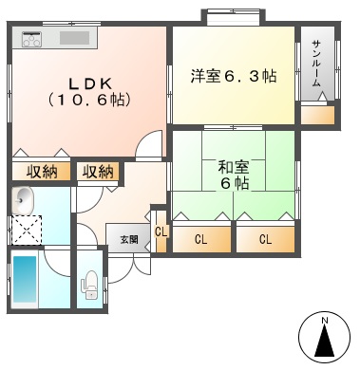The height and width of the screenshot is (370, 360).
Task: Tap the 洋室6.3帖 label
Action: (x=234, y=76)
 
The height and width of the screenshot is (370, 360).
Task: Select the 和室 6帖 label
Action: (x=234, y=175)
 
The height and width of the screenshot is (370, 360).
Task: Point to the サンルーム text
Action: (x=316, y=64)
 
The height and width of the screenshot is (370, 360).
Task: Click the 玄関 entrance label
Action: (x=129, y=239)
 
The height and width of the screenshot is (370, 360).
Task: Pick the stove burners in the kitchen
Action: (x=31, y=39)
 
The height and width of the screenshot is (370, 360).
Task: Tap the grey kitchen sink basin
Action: (x=75, y=38)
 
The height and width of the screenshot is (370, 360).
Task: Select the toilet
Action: (x=90, y=285)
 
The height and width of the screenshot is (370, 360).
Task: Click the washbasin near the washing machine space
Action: (x=22, y=200)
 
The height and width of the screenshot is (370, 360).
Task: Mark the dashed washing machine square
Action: (x=27, y=230)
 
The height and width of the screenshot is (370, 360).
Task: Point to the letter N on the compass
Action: (x=324, y=321)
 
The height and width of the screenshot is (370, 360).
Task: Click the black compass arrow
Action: (x=325, y=341)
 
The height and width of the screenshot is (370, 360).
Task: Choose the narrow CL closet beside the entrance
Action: (x=161, y=231)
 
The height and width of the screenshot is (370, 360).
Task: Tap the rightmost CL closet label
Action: (x=265, y=240)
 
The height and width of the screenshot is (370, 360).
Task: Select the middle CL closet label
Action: (x=200, y=240)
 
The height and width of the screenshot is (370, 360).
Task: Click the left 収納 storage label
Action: (x=42, y=172)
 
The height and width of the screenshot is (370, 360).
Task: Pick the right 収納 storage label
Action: (x=98, y=172)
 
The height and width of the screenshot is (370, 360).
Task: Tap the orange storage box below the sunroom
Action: (x=317, y=115)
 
